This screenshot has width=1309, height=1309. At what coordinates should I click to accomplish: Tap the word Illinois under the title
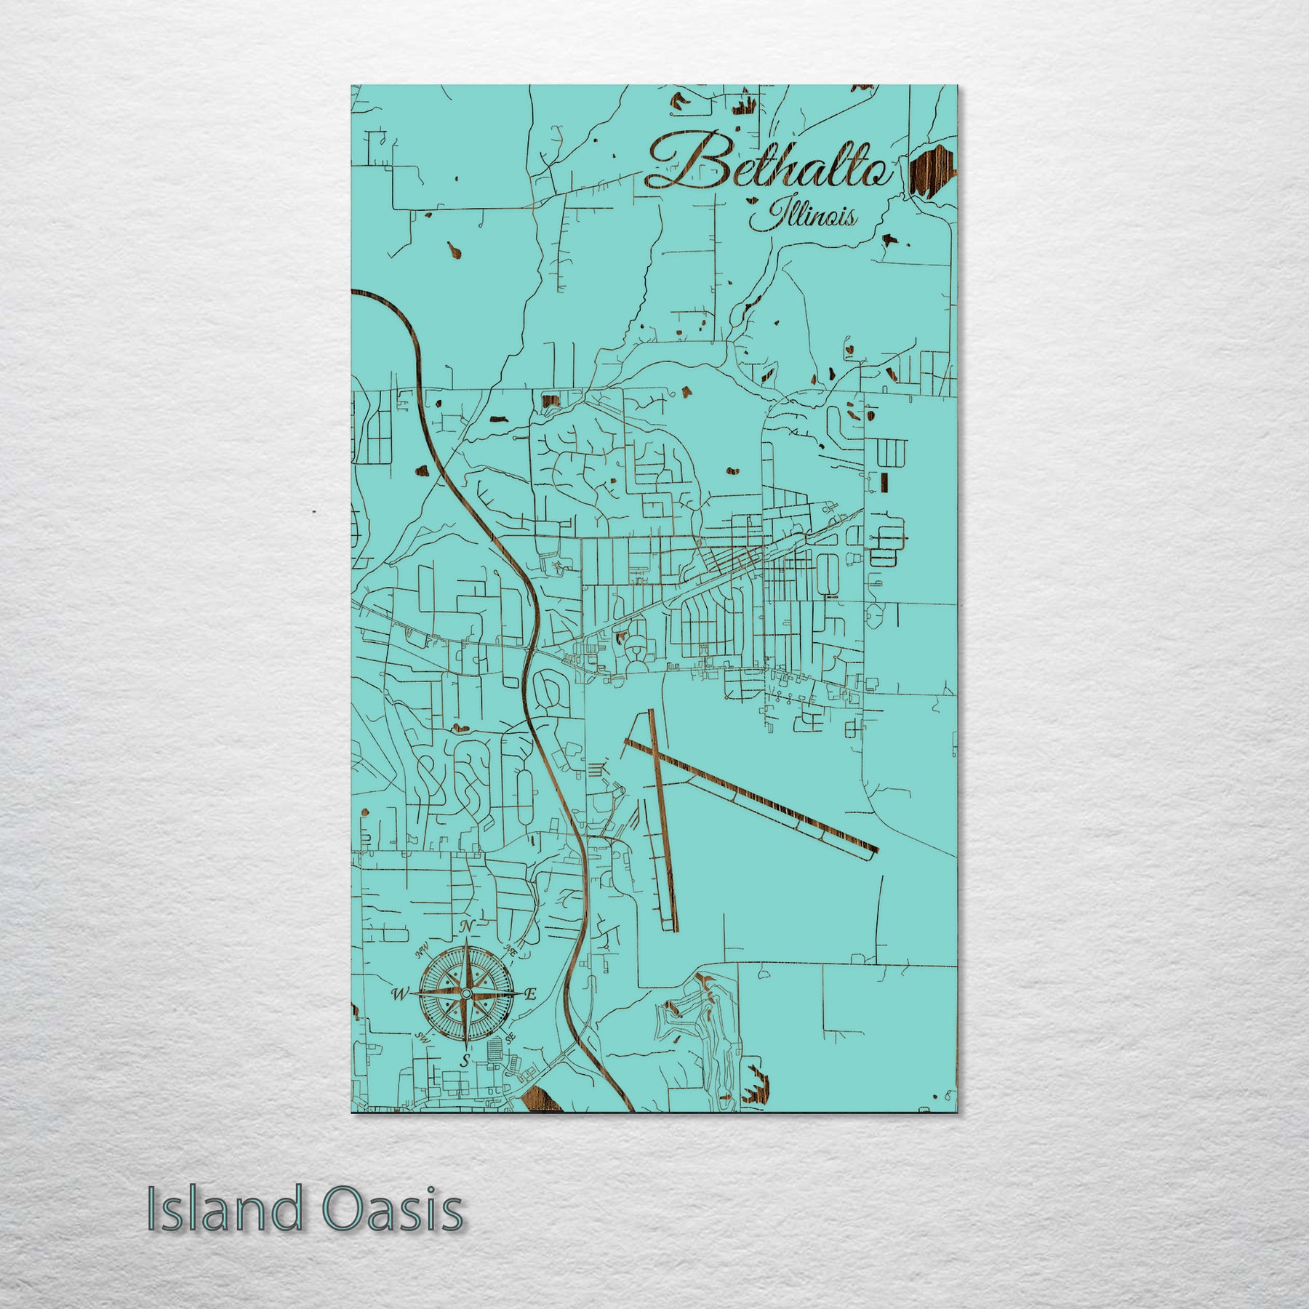click(804, 216)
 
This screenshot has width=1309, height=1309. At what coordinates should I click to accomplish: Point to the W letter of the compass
click(399, 993)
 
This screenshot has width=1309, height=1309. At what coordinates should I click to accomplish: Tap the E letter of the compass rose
click(531, 994)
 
